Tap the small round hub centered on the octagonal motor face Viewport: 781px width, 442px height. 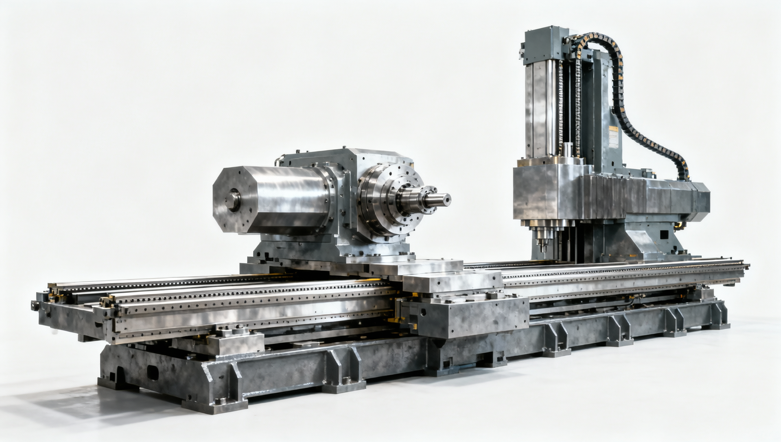(x=233, y=200)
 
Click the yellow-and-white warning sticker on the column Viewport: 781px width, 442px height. (x=613, y=137)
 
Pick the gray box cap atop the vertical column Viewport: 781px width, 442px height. (x=546, y=45)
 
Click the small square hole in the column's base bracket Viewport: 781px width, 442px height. (x=664, y=234)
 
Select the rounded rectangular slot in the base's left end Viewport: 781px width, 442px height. (x=152, y=372)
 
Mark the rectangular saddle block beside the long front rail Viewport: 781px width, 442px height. (x=465, y=317)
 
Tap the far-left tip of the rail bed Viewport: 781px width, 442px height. (x=35, y=306)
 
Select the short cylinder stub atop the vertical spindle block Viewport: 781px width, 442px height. (x=567, y=150)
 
